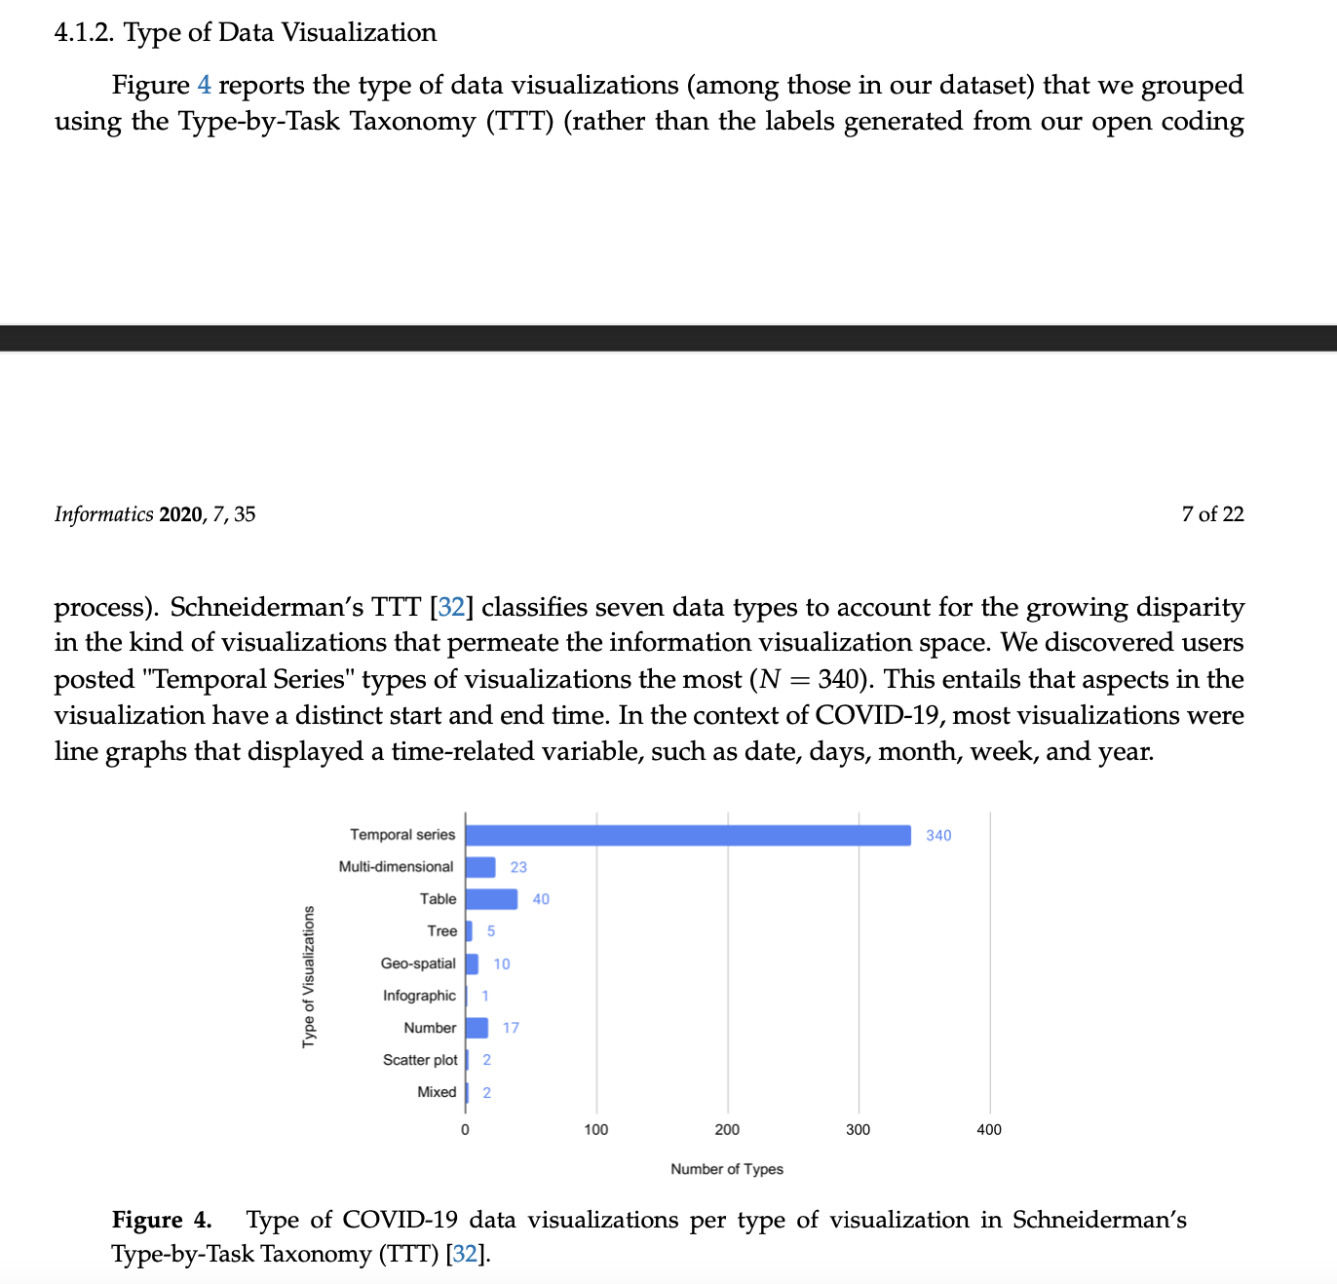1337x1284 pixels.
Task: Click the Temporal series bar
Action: [688, 835]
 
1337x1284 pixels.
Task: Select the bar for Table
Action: [491, 899]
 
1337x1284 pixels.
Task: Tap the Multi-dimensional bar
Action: [480, 867]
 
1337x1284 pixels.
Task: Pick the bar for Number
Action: [477, 1028]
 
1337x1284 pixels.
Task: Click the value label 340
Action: [938, 836]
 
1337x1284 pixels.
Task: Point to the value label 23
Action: [518, 867]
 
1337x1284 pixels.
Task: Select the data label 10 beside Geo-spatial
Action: [502, 963]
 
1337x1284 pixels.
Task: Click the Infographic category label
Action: [419, 996]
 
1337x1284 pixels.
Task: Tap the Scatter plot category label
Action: [420, 1060]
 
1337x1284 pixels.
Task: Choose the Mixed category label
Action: [437, 1092]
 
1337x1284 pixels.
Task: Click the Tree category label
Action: [441, 931]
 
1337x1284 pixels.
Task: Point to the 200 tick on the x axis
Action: [727, 1130]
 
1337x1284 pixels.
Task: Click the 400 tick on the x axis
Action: [989, 1130]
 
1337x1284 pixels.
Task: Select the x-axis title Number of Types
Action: [727, 1169]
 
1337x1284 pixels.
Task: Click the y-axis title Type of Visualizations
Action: [309, 977]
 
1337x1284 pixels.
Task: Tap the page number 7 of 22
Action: [1212, 514]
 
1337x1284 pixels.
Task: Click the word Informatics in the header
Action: [103, 514]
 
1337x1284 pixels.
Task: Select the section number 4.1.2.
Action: [85, 33]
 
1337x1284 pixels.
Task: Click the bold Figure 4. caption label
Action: [162, 1220]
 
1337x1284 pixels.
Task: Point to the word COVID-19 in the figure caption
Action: [401, 1220]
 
